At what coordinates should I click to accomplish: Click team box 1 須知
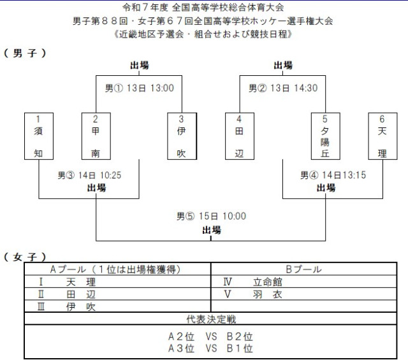(x=38, y=136)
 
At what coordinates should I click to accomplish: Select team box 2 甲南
(x=95, y=136)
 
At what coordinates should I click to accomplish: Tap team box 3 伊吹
(x=182, y=136)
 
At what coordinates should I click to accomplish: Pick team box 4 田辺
(x=239, y=136)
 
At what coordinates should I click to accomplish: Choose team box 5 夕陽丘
(x=324, y=136)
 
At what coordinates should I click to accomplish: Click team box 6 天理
(x=382, y=136)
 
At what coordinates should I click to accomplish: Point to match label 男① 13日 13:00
(x=139, y=89)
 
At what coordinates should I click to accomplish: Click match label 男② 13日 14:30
(x=282, y=89)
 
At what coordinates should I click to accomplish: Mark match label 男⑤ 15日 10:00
(x=211, y=217)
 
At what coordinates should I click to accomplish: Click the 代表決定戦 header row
(x=211, y=319)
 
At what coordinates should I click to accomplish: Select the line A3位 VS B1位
(x=211, y=349)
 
